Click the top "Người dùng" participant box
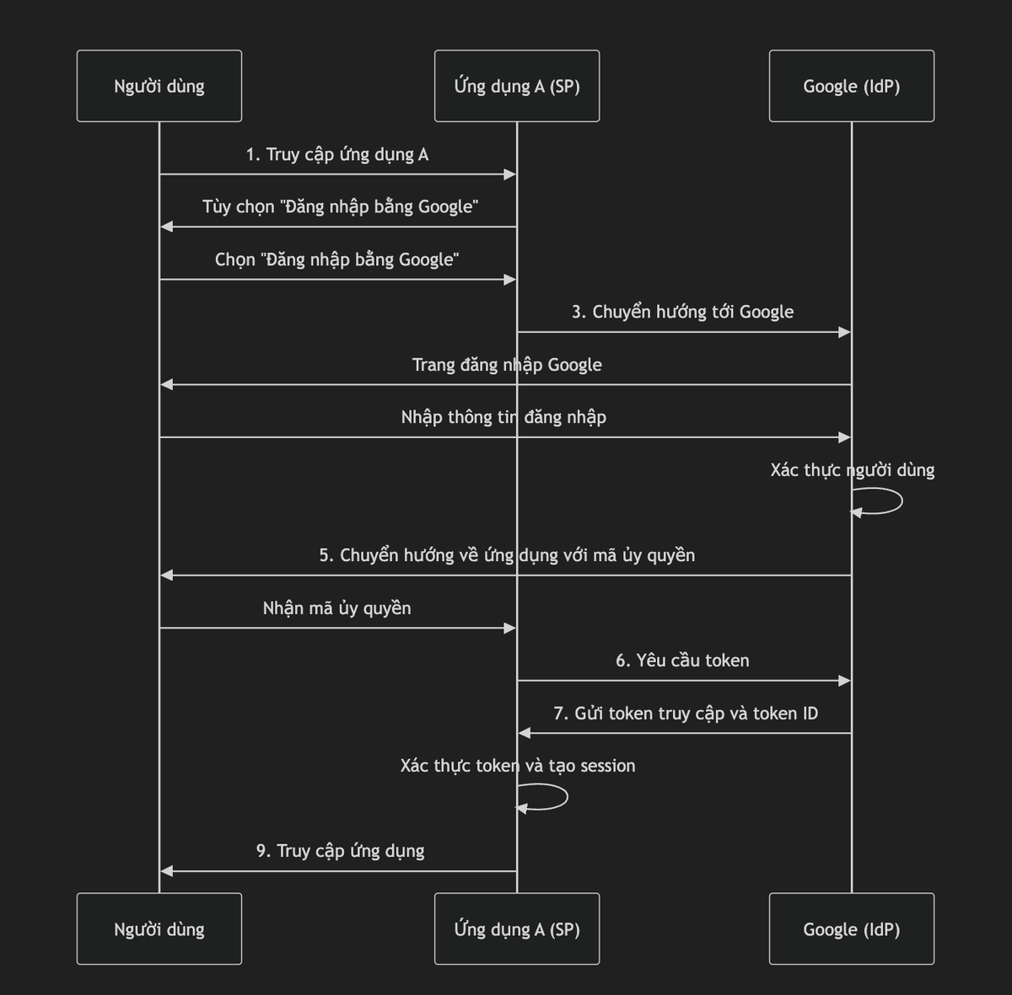point(159,86)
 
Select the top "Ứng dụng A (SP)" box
point(517,86)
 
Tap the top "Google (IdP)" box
point(851,86)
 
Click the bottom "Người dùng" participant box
point(159,928)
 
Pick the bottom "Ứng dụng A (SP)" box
point(517,928)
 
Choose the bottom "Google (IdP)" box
point(851,928)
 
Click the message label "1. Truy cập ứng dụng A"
point(337,154)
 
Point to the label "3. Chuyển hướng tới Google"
point(682,312)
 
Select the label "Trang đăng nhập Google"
point(507,365)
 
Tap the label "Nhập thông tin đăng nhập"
point(503,417)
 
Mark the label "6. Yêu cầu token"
point(682,661)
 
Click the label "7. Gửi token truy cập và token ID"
point(686,714)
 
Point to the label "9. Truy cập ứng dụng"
point(340,851)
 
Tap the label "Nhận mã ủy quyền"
point(336,608)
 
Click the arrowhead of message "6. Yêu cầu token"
point(844,681)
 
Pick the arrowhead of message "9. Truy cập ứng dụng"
point(167,871)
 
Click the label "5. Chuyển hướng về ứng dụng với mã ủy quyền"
point(507,555)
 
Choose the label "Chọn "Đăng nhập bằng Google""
point(336,259)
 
